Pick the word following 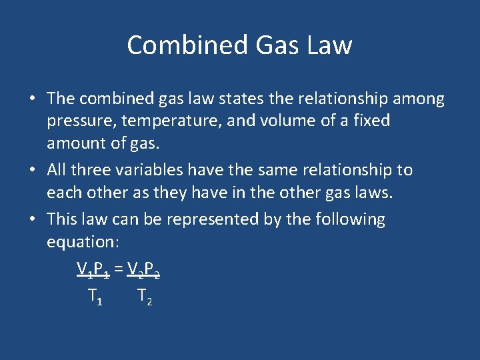(x=349, y=219)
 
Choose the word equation (x=83, y=241)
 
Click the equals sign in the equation (x=118, y=269)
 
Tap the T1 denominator (x=95, y=296)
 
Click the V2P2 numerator (x=143, y=269)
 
